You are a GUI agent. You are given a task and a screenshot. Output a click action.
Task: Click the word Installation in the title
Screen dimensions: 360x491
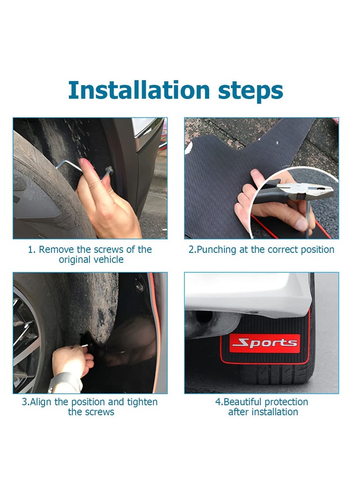coord(139,90)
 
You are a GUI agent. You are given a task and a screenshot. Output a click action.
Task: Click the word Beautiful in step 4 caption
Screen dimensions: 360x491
coord(242,402)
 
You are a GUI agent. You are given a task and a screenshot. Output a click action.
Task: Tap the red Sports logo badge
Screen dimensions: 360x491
coord(265,343)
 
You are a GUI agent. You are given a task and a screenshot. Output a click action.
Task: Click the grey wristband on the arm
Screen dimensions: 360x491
coord(66,383)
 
